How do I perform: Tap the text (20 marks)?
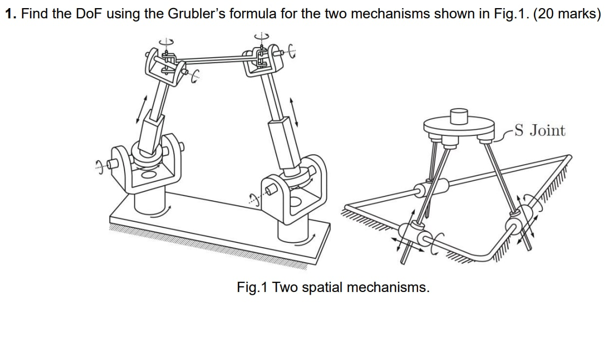click(x=566, y=13)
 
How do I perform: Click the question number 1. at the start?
click(x=10, y=13)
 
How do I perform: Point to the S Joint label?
click(x=539, y=131)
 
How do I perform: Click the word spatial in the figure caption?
click(x=322, y=287)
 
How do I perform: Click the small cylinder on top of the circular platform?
click(x=459, y=116)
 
